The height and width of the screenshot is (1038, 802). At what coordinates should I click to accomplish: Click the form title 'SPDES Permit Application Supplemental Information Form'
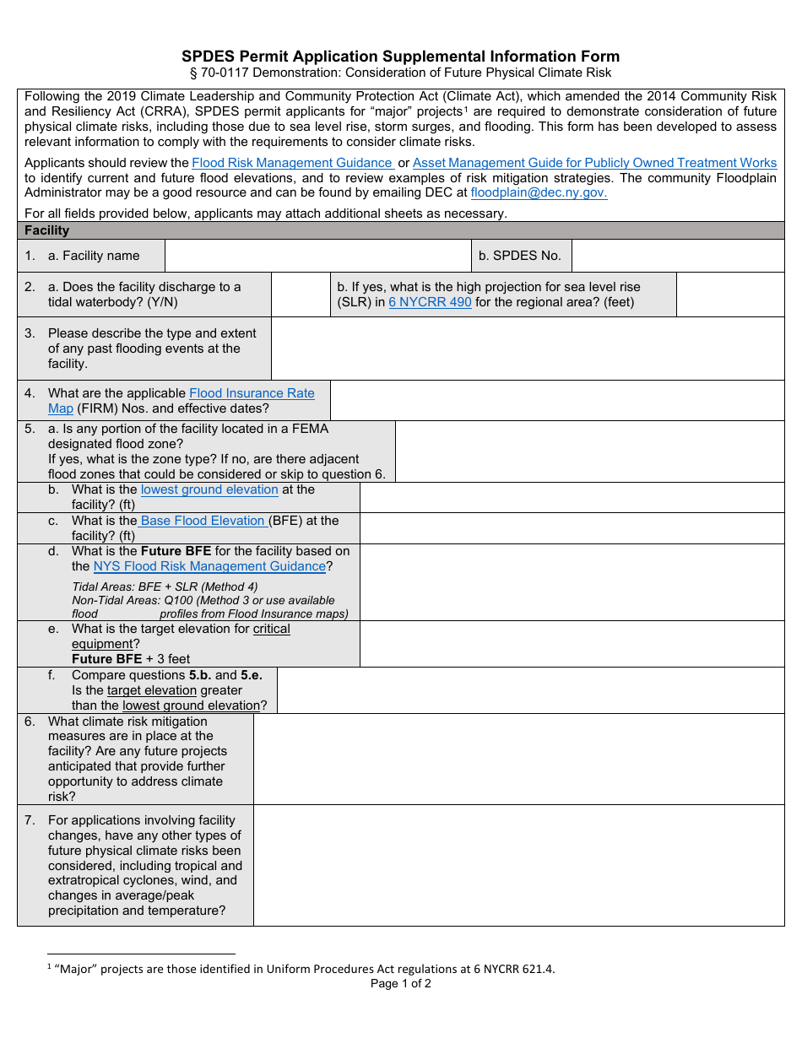(x=400, y=57)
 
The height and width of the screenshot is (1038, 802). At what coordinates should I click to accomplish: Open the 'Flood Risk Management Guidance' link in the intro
(x=292, y=163)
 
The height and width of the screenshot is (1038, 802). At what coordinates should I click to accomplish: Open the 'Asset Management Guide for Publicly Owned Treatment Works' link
(x=594, y=163)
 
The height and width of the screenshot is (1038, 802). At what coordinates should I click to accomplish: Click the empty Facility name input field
(x=317, y=256)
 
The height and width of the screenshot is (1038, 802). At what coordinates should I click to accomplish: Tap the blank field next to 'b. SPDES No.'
(x=678, y=256)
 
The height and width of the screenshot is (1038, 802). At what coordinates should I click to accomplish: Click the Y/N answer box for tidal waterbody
(x=301, y=295)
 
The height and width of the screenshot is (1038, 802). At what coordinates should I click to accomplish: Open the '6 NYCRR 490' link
(x=430, y=302)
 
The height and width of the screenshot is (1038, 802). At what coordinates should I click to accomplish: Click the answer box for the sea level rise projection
(x=729, y=295)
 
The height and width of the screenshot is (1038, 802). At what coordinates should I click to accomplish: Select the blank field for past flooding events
(x=528, y=349)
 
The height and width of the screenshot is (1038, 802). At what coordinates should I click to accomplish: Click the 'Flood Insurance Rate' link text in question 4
(x=252, y=393)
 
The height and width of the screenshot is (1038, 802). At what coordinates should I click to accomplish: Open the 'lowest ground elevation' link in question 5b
(x=209, y=489)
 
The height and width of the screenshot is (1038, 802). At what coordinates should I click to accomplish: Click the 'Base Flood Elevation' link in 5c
(x=203, y=521)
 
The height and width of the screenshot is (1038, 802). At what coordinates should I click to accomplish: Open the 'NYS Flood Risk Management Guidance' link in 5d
(x=209, y=566)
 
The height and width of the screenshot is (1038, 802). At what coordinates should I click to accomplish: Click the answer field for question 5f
(x=530, y=690)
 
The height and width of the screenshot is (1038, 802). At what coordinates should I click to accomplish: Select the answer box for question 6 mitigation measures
(x=518, y=759)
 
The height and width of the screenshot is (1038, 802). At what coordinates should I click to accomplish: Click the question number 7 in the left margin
(x=30, y=820)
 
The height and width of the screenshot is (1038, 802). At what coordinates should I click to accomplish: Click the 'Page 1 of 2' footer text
(x=400, y=983)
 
